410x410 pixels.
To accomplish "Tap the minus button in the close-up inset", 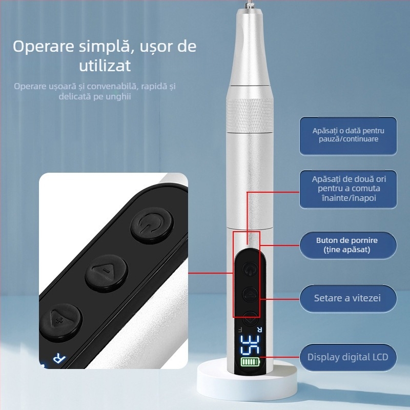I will tap(107, 270).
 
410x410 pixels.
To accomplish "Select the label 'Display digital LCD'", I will tap(348, 357).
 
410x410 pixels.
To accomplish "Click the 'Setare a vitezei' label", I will tap(348, 298).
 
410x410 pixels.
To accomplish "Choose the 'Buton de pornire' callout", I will tap(348, 244).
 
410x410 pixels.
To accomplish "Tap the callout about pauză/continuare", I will tap(348, 135).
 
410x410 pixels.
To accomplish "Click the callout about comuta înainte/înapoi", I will tap(348, 189).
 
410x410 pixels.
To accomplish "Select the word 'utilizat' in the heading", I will tap(105, 65).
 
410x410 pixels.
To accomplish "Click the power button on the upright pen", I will tap(249, 269).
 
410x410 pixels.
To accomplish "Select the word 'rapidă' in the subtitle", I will tap(151, 86).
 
